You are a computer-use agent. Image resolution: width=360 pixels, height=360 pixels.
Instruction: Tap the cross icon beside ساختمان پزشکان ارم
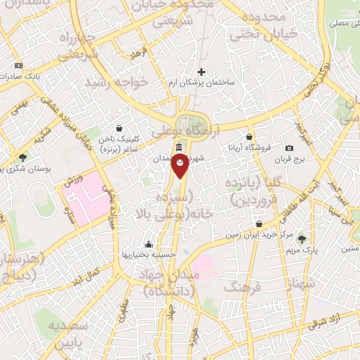202,72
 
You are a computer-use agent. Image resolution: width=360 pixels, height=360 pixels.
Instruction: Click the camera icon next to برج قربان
289,148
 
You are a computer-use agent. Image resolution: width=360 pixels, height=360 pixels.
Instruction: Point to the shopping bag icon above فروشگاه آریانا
249,137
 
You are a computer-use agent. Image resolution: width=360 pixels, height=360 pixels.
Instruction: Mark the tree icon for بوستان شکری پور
23,157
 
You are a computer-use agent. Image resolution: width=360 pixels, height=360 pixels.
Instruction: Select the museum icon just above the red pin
180,148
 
